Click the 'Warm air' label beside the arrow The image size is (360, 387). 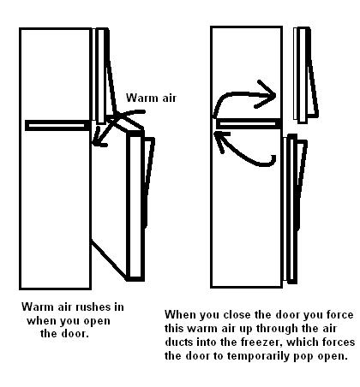(x=151, y=98)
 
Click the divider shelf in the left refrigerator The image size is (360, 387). (x=58, y=126)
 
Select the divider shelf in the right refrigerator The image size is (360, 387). (x=249, y=124)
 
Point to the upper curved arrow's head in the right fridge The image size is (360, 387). (x=267, y=94)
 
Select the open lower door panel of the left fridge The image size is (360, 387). (x=135, y=206)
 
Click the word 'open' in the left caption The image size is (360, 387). (x=97, y=321)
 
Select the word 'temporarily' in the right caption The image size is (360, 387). (x=260, y=356)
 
